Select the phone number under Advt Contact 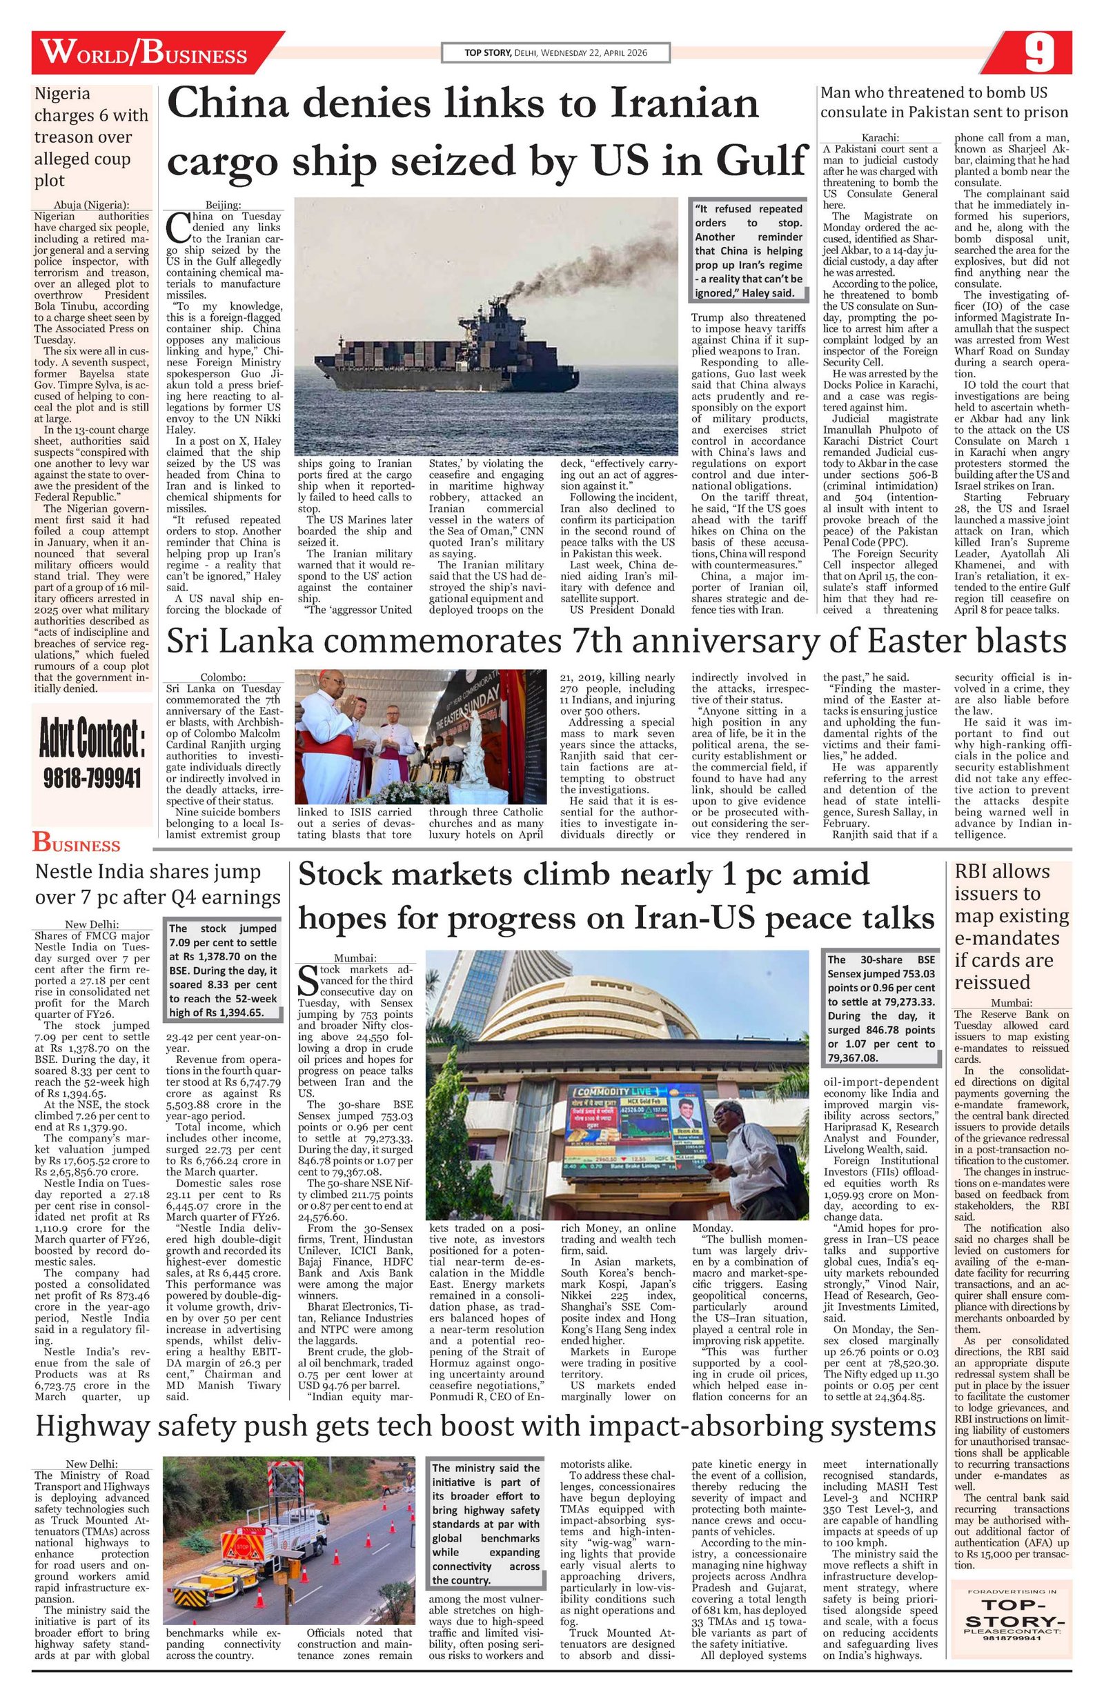click(x=93, y=777)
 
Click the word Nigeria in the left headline click(x=62, y=94)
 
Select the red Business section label click(x=76, y=844)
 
